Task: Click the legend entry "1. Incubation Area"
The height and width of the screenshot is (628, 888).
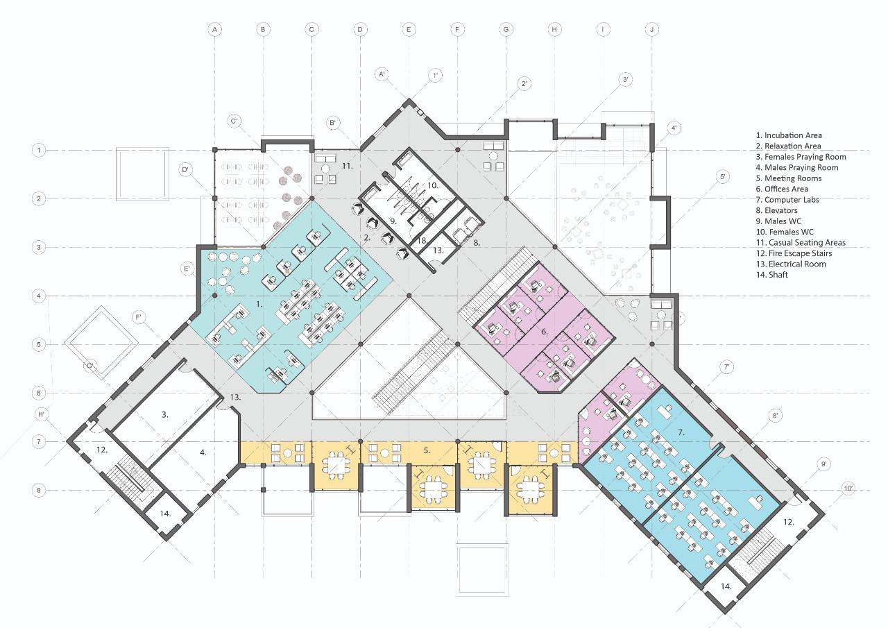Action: point(789,135)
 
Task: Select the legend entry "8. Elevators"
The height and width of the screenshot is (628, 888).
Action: point(776,210)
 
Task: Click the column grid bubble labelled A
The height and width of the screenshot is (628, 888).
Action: point(215,29)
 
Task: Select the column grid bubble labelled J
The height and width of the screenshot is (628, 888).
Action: point(651,29)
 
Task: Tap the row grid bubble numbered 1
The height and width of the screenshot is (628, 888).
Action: point(40,150)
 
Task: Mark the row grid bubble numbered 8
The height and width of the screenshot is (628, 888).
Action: point(40,491)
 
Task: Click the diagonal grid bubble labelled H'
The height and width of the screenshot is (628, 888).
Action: point(41,414)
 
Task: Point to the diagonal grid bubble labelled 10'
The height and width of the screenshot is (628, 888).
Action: point(848,488)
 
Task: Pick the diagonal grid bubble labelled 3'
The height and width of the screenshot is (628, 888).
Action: point(626,80)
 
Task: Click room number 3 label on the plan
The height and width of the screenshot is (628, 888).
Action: point(165,414)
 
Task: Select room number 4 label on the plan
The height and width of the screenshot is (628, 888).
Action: point(203,452)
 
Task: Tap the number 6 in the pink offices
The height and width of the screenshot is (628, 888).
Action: point(545,332)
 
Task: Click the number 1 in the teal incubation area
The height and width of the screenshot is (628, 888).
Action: point(259,303)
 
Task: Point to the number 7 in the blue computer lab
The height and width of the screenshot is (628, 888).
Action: point(681,432)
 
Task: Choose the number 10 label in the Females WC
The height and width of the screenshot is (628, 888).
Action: point(432,185)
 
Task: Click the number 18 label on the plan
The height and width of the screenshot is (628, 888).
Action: point(422,241)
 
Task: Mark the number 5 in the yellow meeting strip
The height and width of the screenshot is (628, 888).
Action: point(427,450)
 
